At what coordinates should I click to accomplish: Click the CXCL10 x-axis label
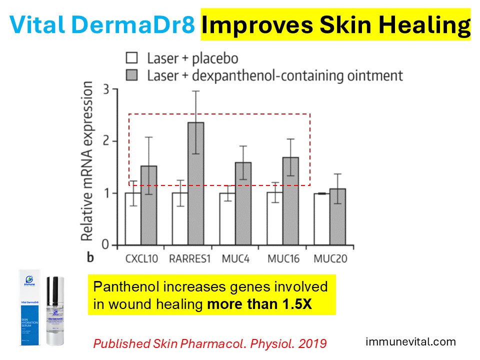pos(140,259)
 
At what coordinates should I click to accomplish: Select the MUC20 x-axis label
pos(330,259)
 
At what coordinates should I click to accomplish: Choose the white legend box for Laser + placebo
pos(132,58)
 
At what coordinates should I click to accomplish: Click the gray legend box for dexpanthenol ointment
pos(132,75)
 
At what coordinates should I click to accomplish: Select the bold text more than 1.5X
pos(259,304)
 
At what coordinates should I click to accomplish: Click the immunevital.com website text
pos(411,342)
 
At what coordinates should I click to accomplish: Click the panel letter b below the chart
pos(90,258)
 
